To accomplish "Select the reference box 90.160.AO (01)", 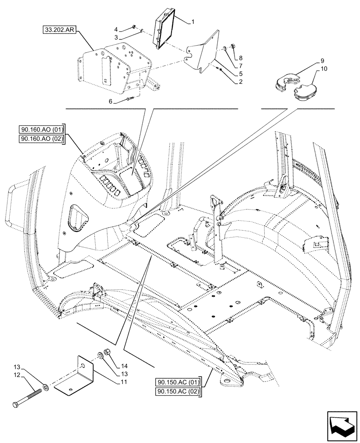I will click(x=42, y=129).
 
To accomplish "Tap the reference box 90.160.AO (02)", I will click(x=42, y=139).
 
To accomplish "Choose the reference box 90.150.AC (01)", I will click(x=178, y=382).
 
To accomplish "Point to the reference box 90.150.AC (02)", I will click(x=178, y=392).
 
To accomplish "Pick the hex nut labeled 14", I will click(x=107, y=354).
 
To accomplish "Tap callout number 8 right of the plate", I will click(x=241, y=58).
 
